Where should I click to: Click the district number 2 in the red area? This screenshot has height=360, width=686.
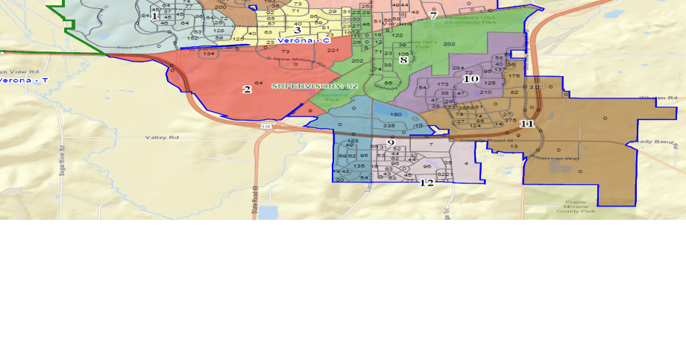tap(246, 89)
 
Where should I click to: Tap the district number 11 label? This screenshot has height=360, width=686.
tap(526, 124)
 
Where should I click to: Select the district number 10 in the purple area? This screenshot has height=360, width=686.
tap(471, 78)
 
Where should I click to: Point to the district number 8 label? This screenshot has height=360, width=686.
tap(403, 60)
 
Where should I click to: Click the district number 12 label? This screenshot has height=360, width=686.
tap(427, 183)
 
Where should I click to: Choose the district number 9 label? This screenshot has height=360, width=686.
tap(390, 142)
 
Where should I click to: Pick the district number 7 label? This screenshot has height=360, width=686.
tap(432, 15)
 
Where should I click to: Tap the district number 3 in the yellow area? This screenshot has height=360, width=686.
tap(297, 31)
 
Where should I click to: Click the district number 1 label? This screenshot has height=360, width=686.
tap(154, 16)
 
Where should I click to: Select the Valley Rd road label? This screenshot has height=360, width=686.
tap(163, 138)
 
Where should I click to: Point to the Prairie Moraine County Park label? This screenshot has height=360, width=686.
tap(576, 207)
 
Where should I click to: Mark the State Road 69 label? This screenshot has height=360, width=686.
tap(254, 199)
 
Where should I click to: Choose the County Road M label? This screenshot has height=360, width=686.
tap(477, 140)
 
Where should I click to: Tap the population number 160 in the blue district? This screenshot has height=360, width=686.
tap(396, 114)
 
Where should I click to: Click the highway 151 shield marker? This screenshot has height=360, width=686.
tap(265, 127)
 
